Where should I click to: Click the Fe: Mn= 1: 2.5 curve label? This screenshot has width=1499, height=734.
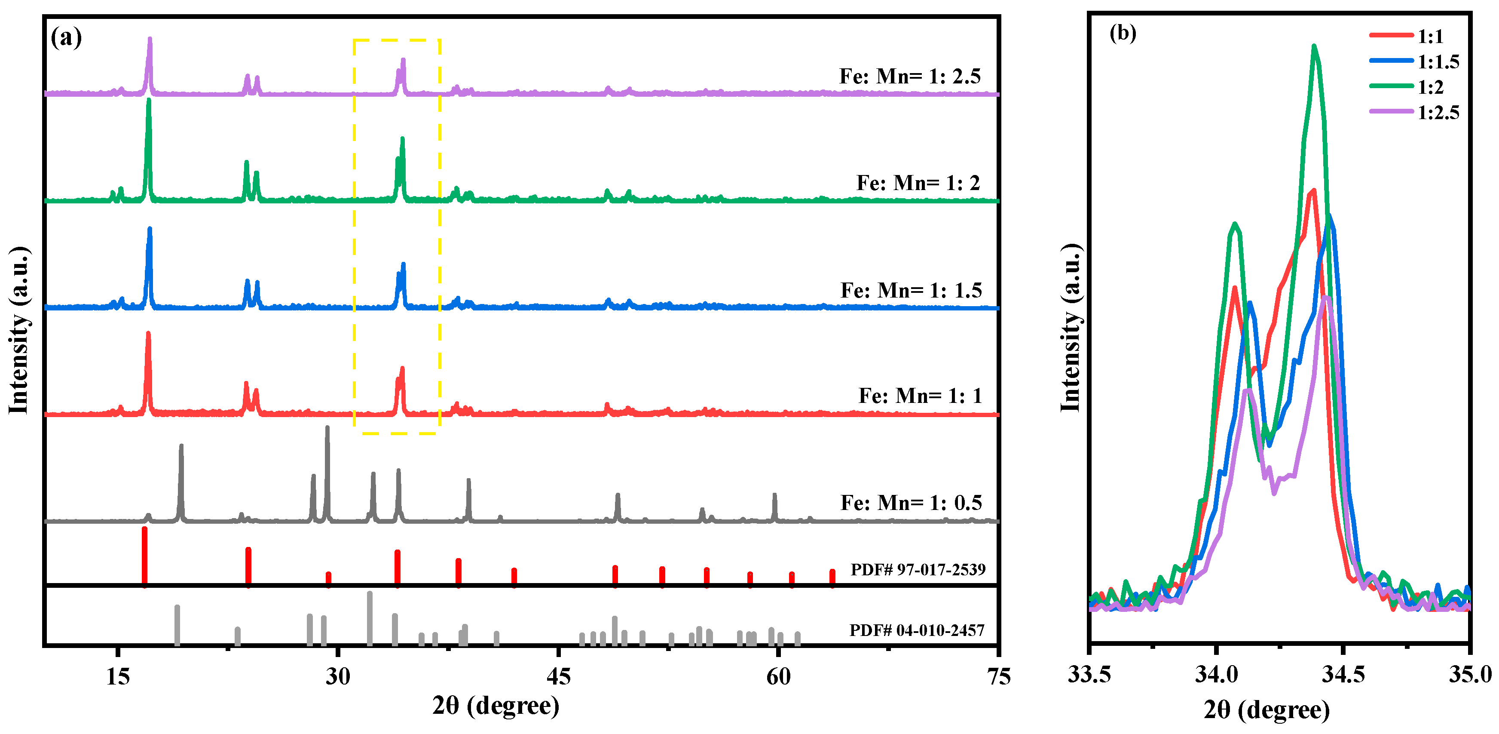pos(909,76)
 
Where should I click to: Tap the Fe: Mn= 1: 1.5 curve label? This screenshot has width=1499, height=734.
pos(911,290)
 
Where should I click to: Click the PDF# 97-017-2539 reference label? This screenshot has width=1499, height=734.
pos(918,569)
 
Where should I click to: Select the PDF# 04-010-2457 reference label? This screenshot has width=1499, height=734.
pos(917,630)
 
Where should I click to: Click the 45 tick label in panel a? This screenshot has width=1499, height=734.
pos(558,676)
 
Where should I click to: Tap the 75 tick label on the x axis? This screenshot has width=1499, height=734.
pos(998,676)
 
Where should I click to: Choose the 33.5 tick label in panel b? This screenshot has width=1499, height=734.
pos(1089,675)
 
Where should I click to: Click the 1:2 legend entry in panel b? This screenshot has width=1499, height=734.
pos(1430,87)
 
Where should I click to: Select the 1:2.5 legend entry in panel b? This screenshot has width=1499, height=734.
pos(1438,112)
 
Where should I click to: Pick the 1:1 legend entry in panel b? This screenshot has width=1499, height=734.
pos(1430,37)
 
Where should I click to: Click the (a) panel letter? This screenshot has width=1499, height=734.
pos(66,38)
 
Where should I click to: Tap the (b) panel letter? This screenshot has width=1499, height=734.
pos(1123,33)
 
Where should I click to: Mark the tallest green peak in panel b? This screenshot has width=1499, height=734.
pos(1314,46)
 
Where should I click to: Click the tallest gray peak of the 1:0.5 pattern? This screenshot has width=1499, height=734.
pos(327,428)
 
